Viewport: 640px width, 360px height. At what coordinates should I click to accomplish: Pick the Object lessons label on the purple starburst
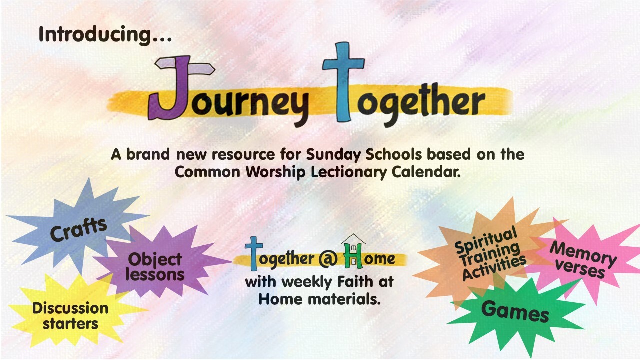coord(155,267)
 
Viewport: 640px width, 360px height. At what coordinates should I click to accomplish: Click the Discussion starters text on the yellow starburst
coord(70,315)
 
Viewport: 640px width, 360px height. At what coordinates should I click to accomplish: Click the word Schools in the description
coord(400,154)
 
